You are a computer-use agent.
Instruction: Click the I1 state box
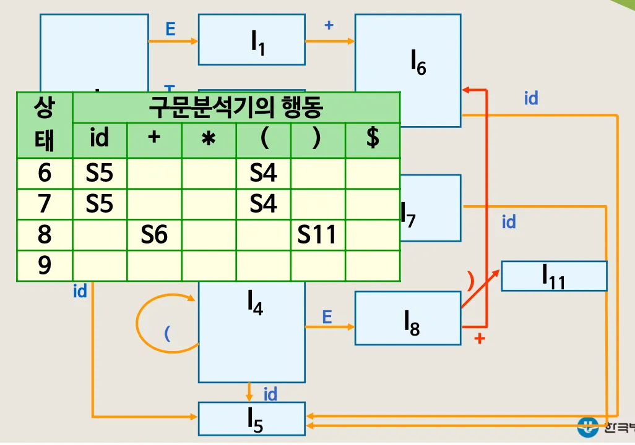(251, 40)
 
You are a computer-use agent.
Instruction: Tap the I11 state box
(554, 276)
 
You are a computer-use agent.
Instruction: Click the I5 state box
(251, 419)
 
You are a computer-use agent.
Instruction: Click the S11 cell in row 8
(317, 235)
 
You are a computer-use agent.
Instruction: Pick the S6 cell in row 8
(154, 235)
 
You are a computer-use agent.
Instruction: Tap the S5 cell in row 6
(100, 173)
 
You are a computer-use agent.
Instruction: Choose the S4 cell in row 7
(263, 204)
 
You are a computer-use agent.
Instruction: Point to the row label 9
(45, 266)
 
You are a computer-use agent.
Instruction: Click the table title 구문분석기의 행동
(236, 108)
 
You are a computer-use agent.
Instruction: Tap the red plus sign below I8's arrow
(478, 339)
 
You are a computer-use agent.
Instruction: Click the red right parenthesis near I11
(470, 282)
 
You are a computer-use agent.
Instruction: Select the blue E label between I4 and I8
(327, 318)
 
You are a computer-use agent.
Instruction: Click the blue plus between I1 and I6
(329, 25)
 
